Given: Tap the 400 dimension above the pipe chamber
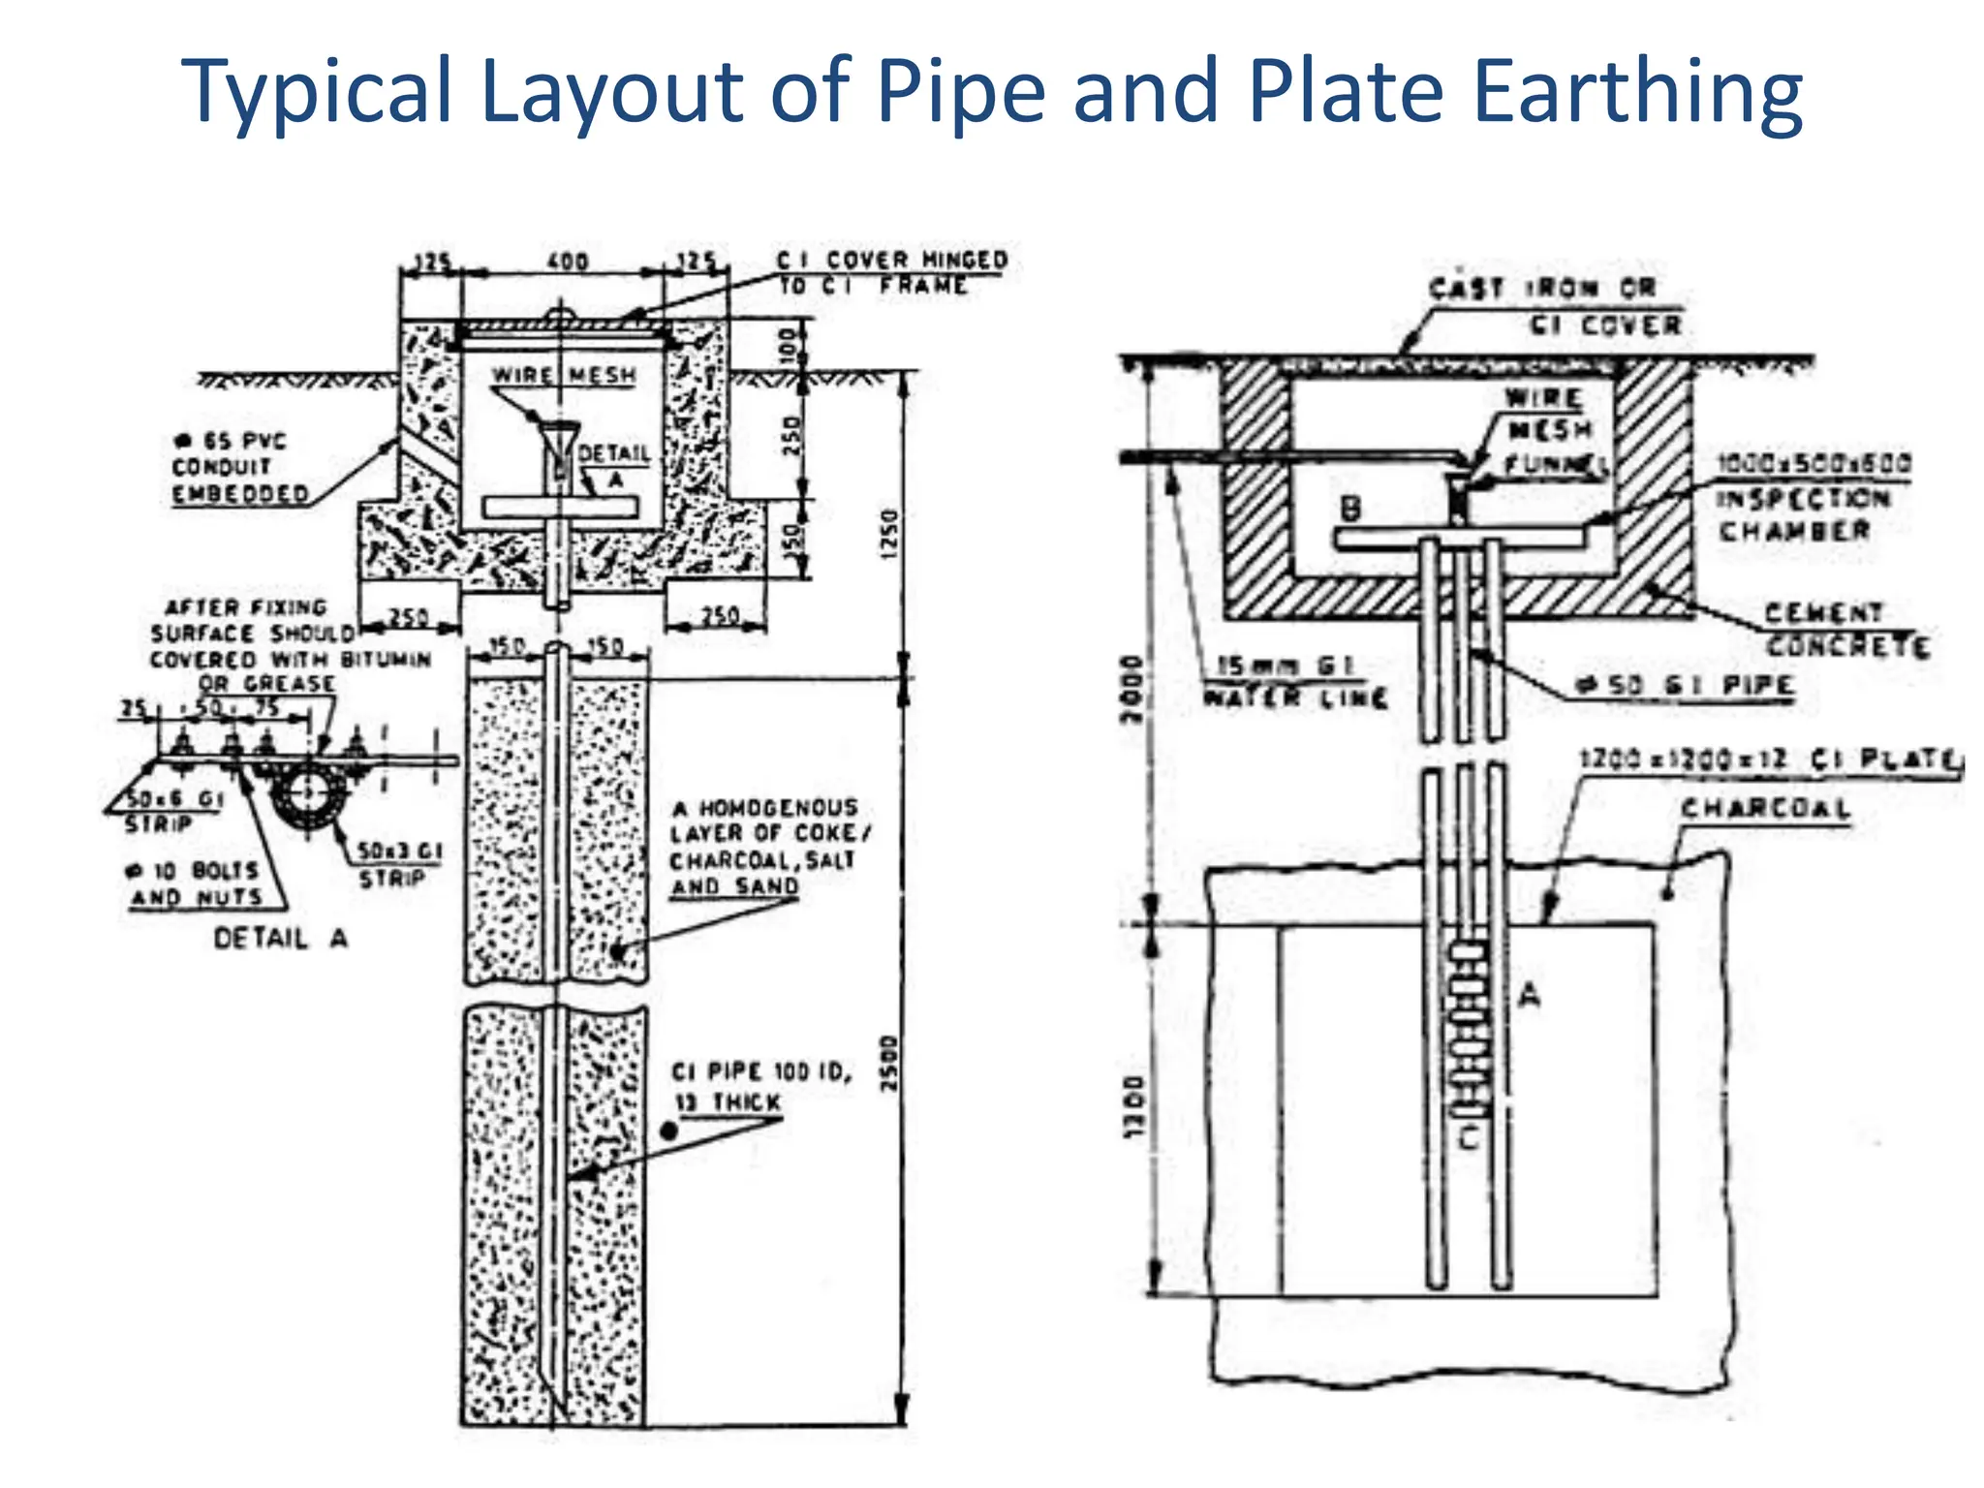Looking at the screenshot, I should tap(567, 262).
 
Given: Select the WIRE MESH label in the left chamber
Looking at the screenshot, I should tap(564, 376).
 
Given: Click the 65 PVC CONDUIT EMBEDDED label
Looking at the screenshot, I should tap(238, 468).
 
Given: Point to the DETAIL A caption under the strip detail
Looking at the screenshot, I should tap(280, 938).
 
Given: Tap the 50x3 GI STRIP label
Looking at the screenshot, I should tap(397, 864).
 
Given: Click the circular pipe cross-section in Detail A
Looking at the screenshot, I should tap(308, 794).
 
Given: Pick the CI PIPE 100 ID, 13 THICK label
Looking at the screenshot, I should tap(760, 1086).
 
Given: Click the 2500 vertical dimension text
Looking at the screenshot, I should tap(889, 1063).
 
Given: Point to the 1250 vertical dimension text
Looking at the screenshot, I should tap(889, 533).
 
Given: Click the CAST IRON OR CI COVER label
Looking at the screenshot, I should tap(1555, 306).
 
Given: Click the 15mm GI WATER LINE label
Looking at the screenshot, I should tap(1293, 681).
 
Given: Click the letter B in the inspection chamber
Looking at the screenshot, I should tap(1349, 508).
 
